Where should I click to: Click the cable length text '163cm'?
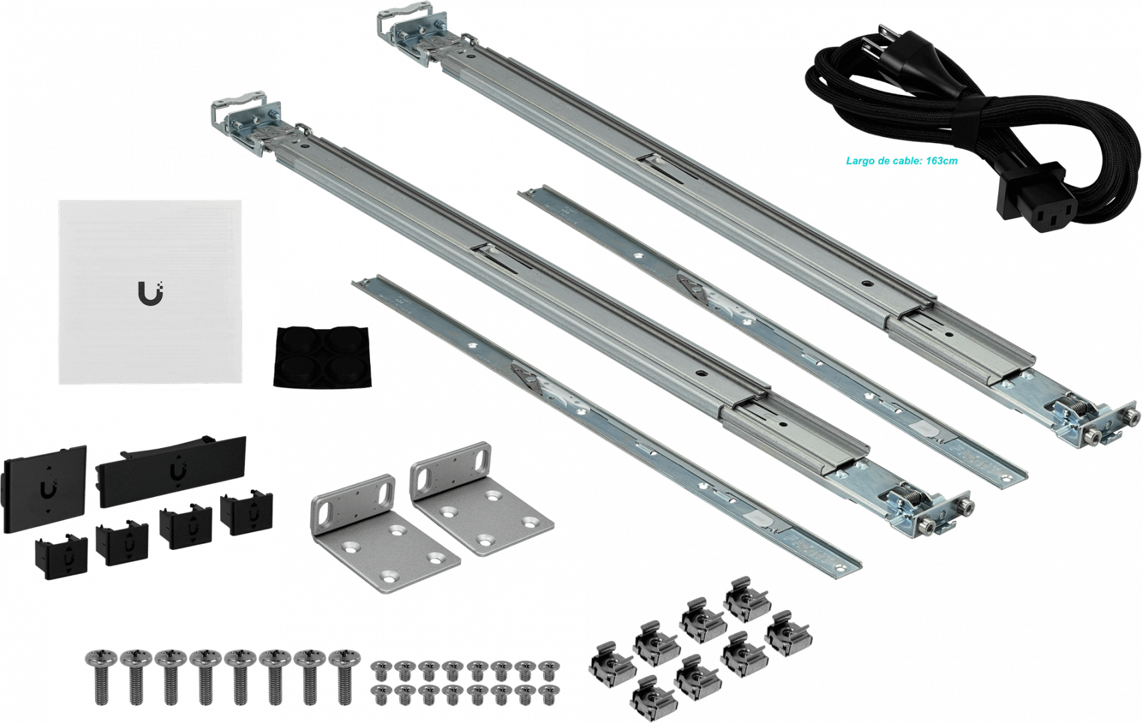[x=942, y=161]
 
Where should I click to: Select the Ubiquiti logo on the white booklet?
[x=151, y=294]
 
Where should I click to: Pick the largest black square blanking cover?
[x=45, y=489]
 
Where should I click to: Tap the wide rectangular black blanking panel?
[x=171, y=472]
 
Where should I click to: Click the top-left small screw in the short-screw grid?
[x=380, y=670]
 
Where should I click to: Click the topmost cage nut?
[x=747, y=599]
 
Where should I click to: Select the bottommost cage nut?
[x=654, y=698]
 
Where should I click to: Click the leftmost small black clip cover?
[x=61, y=556]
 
